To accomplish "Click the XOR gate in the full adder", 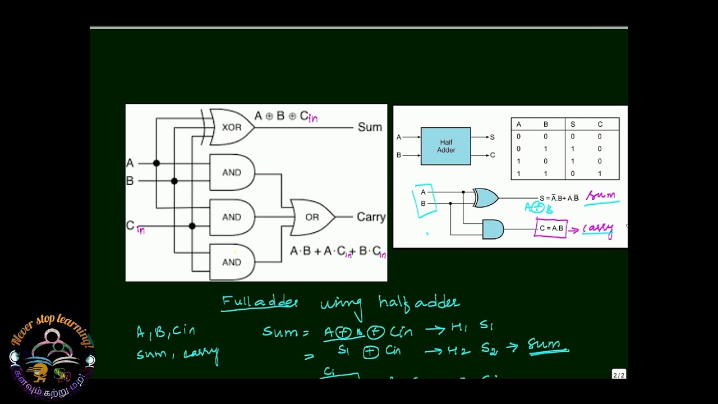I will [232, 127].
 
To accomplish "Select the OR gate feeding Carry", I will [312, 217].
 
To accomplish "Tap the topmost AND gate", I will [232, 172].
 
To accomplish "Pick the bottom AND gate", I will [232, 262].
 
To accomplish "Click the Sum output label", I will [370, 127].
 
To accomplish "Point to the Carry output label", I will [371, 217].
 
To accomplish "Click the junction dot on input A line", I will [157, 163].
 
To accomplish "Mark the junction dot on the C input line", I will [192, 226].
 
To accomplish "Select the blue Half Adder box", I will [446, 146].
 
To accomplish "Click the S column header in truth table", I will [573, 125].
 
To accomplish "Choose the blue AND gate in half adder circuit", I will [493, 229].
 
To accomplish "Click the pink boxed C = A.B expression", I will [551, 228].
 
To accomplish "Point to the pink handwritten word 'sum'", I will [601, 196].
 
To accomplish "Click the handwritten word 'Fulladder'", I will [259, 302].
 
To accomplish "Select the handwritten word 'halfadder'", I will [419, 302].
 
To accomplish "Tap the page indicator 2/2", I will [618, 375].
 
